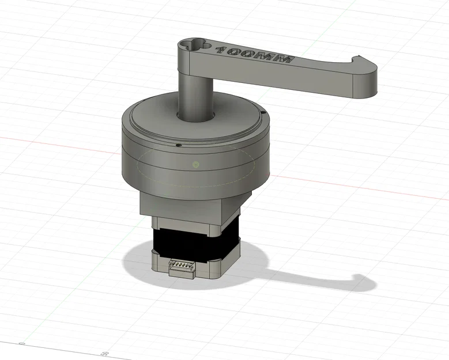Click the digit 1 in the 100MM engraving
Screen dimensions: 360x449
221,50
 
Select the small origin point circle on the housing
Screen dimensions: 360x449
196,165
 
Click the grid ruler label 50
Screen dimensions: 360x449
105,353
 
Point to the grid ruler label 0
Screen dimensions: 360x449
22,344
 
